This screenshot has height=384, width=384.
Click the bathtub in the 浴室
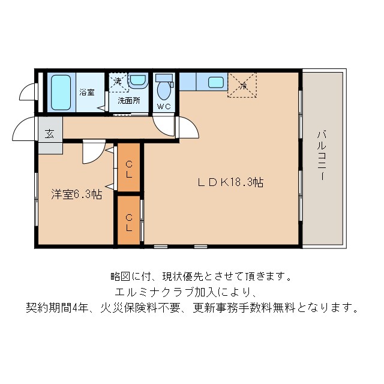[60, 92]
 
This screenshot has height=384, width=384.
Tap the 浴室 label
[87, 92]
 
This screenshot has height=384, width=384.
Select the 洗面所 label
[128, 100]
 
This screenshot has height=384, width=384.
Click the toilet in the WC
[164, 90]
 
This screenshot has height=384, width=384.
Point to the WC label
[164, 107]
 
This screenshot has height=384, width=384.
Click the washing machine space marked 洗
[118, 80]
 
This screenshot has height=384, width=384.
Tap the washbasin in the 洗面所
[137, 80]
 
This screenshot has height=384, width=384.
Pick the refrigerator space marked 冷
[243, 85]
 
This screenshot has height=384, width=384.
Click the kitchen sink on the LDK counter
[216, 82]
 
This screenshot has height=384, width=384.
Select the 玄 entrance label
[49, 134]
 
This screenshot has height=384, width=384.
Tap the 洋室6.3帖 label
[76, 194]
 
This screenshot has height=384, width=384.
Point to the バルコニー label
[322, 156]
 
